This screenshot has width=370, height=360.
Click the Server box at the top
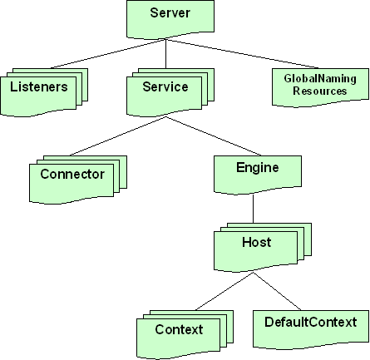[x=170, y=19]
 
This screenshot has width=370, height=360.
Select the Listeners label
[x=39, y=86]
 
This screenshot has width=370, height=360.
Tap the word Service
[x=165, y=86]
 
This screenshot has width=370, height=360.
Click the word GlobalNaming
[x=320, y=78]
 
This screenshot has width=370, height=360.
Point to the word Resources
[x=320, y=91]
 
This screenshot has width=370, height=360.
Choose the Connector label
[x=72, y=174]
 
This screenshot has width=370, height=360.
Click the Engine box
[x=258, y=175]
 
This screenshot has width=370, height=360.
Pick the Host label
[x=257, y=242]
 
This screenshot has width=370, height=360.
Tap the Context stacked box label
[x=179, y=329]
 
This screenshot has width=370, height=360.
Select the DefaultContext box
[x=311, y=330]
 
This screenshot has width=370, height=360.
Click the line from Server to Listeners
[x=108, y=54]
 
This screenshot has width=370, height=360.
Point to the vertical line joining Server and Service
[x=165, y=54]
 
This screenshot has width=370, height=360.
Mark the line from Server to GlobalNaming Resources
[x=242, y=54]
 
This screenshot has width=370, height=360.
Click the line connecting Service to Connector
[x=118, y=136]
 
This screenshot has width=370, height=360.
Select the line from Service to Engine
[x=214, y=136]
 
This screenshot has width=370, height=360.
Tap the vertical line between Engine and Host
[x=253, y=209]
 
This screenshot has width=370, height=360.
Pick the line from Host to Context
[x=224, y=291]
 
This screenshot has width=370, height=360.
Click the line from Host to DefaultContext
[x=277, y=291]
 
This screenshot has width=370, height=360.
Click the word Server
[x=170, y=13]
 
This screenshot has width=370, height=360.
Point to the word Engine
[x=258, y=168]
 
